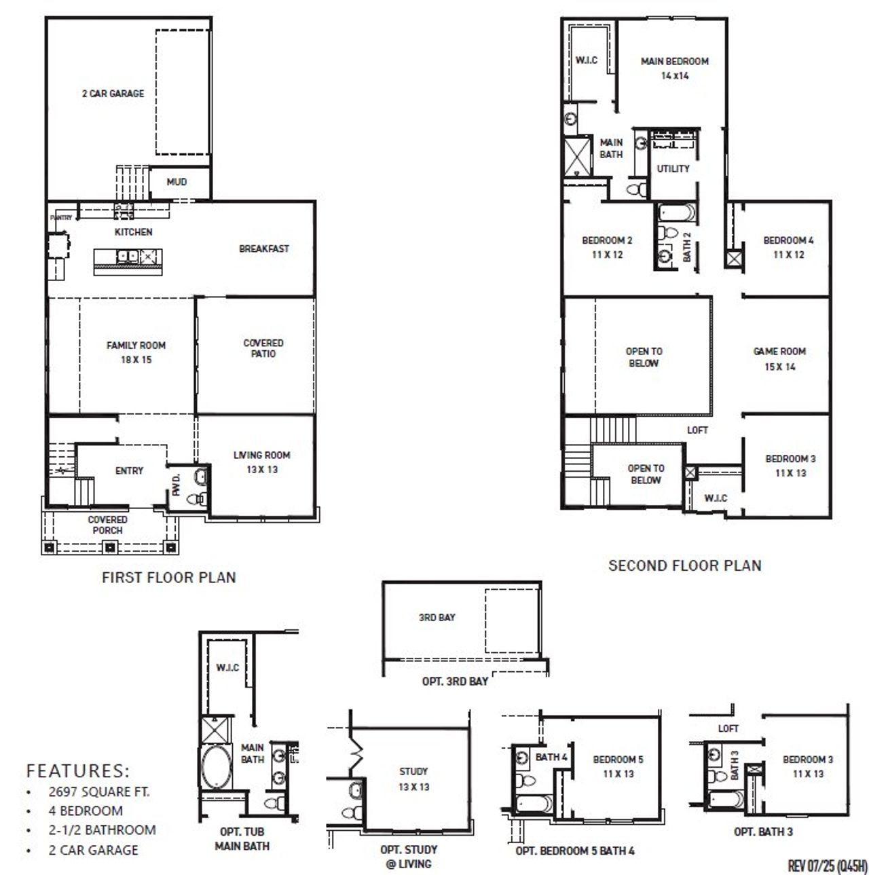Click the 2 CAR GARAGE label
pos(113,94)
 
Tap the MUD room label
pos(177,182)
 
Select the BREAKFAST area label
pos(263,249)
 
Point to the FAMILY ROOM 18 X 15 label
pos(136,352)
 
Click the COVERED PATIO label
pos(263,348)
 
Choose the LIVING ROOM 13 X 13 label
pos(261,462)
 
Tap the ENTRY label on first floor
pos(129,470)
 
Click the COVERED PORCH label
pos(107,525)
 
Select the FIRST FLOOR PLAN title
pos(168,578)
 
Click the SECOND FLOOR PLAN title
pos(684,565)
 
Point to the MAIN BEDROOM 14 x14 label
pos(674,69)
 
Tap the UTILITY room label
pos(673,168)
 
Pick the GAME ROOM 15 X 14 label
pos(779,359)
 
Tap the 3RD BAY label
pos(437,618)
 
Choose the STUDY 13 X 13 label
pos(413,779)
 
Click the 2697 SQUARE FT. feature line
pos(99,792)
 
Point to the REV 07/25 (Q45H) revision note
pos(827,866)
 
